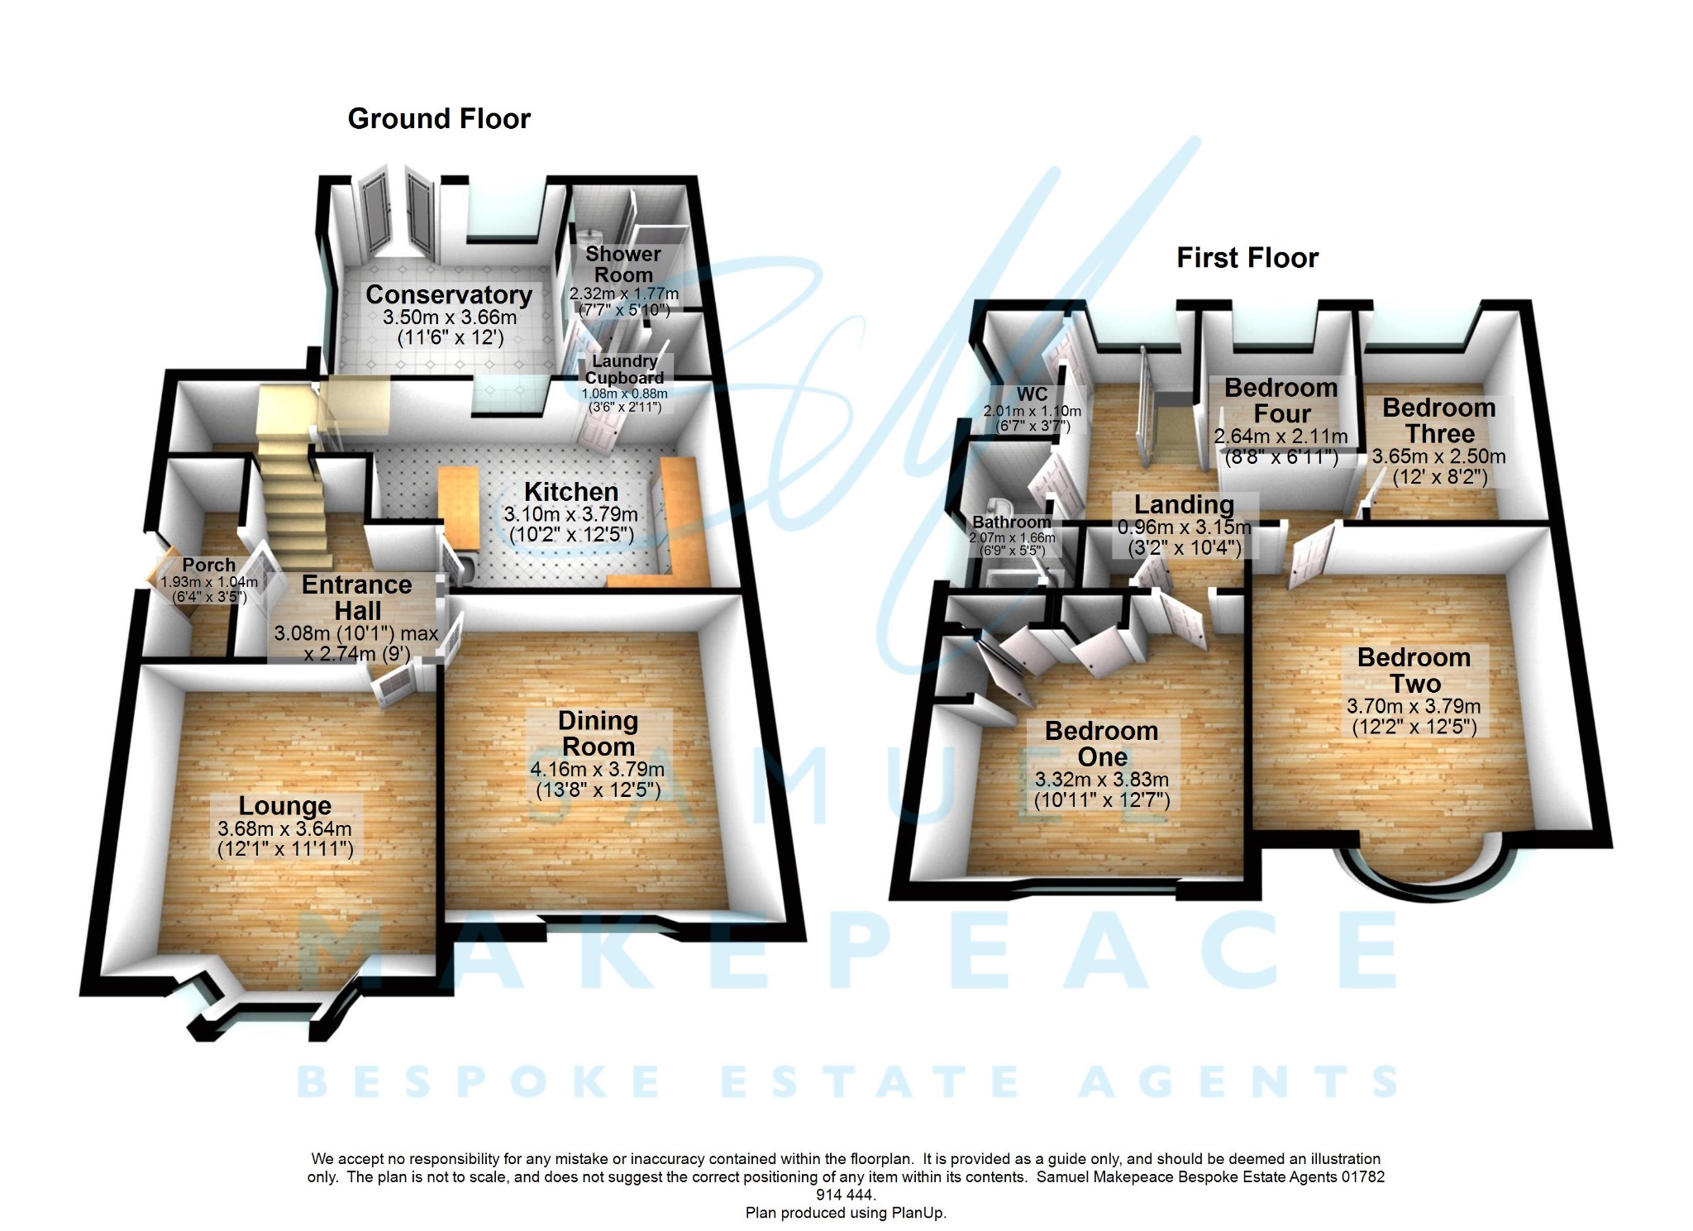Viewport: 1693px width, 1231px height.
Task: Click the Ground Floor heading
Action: click(439, 119)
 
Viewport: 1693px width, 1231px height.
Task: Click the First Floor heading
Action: click(1247, 258)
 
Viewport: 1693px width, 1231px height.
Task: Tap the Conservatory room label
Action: click(449, 295)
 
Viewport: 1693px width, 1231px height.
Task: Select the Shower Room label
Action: click(623, 265)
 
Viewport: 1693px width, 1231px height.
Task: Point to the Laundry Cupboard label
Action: click(624, 370)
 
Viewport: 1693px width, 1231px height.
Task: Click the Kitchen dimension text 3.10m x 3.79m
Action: click(570, 514)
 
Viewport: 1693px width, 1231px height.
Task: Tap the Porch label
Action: click(208, 565)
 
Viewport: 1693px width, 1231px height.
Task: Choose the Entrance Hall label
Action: click(357, 598)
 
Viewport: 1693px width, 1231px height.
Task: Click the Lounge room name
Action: click(284, 806)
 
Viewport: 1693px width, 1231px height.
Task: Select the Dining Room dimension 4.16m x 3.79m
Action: click(597, 770)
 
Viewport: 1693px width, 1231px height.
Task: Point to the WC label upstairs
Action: click(1032, 395)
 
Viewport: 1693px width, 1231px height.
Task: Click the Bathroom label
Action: click(1012, 522)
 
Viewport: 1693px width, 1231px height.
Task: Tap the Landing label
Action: click(1184, 504)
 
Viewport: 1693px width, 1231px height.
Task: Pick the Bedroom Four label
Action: click(1280, 401)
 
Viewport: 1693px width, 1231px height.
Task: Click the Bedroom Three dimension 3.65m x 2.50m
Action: click(1438, 456)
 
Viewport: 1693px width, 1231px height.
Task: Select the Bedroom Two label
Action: click(1414, 670)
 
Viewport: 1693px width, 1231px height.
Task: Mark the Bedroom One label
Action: click(1101, 744)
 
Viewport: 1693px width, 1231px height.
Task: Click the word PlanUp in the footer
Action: click(918, 1214)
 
